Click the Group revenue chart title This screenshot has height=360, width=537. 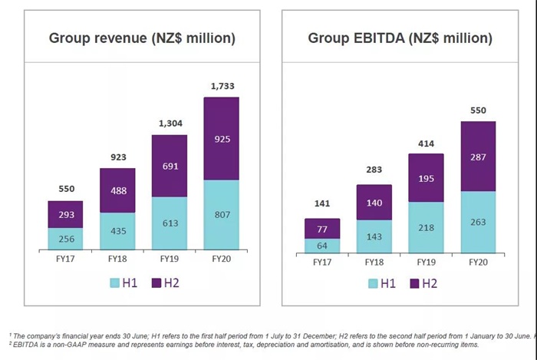point(142,38)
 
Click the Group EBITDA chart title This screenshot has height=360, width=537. point(400,38)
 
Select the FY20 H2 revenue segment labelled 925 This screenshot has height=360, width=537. point(221,139)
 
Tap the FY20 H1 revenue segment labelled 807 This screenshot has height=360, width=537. point(221,216)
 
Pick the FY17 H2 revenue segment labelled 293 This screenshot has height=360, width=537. point(65,214)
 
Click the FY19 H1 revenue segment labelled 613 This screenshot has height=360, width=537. point(169,223)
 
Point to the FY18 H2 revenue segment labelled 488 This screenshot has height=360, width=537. point(117,190)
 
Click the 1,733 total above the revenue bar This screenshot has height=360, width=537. point(221,85)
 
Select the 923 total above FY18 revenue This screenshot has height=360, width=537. point(117,157)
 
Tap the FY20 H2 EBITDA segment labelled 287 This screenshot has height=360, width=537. point(478,156)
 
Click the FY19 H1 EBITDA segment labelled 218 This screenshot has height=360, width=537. point(427,226)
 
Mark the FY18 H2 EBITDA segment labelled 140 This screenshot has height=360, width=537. point(375,202)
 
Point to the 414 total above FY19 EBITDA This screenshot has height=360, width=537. point(427,143)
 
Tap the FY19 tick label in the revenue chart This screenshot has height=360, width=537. point(169,261)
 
